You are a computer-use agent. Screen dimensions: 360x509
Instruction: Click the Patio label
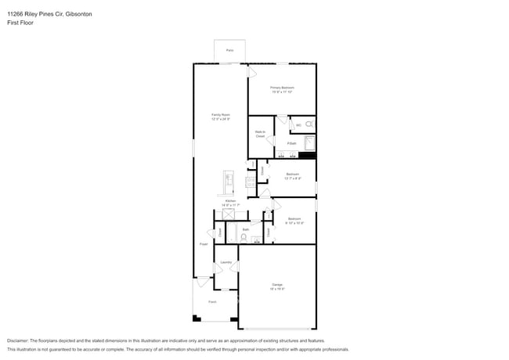(229, 50)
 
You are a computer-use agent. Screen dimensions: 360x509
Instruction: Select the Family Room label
(220, 117)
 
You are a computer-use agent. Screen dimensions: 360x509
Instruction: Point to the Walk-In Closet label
(259, 134)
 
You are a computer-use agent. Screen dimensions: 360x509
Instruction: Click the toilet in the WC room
(309, 124)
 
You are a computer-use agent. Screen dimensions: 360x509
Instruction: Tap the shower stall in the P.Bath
(309, 142)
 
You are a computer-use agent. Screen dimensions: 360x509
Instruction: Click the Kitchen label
(230, 203)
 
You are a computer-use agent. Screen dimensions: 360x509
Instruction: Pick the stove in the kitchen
(250, 182)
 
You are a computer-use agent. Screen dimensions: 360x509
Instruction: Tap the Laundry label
(226, 262)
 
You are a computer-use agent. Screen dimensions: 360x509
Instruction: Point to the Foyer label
(203, 244)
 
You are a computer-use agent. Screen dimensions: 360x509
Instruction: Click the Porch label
(211, 301)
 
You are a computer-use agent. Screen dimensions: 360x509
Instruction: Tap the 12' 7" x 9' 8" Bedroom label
(292, 176)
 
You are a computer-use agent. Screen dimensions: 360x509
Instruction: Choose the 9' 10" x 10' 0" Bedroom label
(294, 221)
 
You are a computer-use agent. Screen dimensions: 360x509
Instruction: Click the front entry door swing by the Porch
(203, 281)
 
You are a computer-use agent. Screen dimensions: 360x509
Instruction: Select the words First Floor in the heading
(20, 23)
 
